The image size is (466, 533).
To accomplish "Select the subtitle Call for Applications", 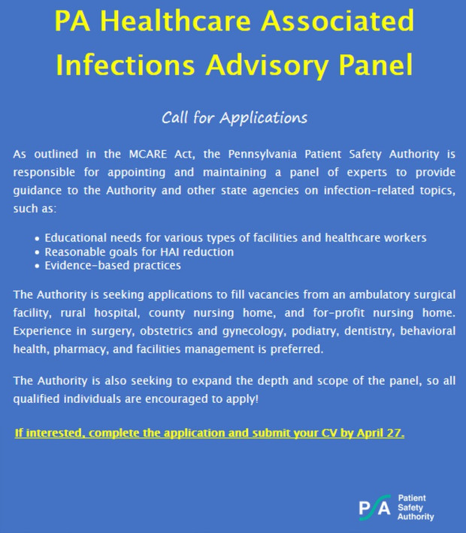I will tap(234, 118).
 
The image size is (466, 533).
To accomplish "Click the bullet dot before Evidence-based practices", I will tap(38, 266).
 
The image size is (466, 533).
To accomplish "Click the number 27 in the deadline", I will tap(393, 434).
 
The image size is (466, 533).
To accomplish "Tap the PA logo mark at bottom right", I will tap(374, 507).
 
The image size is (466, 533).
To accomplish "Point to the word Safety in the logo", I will tap(410, 507).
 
